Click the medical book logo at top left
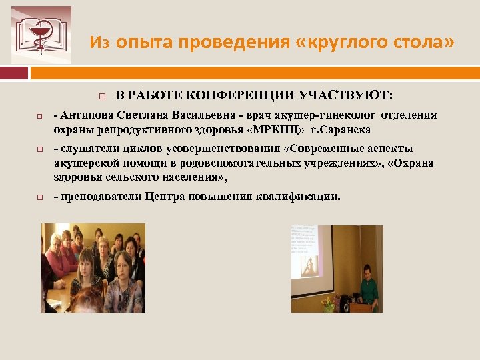(41, 35)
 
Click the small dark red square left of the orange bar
(15, 73)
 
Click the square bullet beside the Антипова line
(39, 116)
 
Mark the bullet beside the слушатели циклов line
(39, 149)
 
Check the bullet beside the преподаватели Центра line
(39, 197)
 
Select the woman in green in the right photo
(367, 288)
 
